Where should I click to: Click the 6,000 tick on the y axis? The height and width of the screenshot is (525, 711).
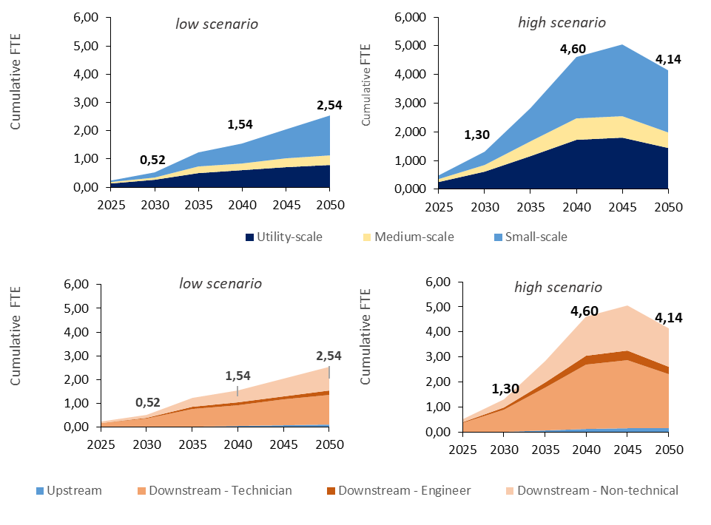(x=409, y=18)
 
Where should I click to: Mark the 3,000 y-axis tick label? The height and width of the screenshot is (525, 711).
(x=409, y=104)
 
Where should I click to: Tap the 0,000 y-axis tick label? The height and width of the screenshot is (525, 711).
(x=409, y=189)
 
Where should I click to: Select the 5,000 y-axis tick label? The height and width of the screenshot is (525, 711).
(x=409, y=47)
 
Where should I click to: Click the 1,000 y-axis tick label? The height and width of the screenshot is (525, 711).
(x=409, y=160)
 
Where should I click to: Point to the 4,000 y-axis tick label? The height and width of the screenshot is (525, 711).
(x=409, y=75)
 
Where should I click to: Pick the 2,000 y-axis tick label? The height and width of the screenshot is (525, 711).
(x=409, y=132)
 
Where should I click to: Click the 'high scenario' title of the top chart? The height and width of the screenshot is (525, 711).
(x=562, y=22)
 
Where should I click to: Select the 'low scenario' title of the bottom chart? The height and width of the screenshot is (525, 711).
(x=220, y=283)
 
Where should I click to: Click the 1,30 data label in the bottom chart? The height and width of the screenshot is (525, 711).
(x=505, y=390)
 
